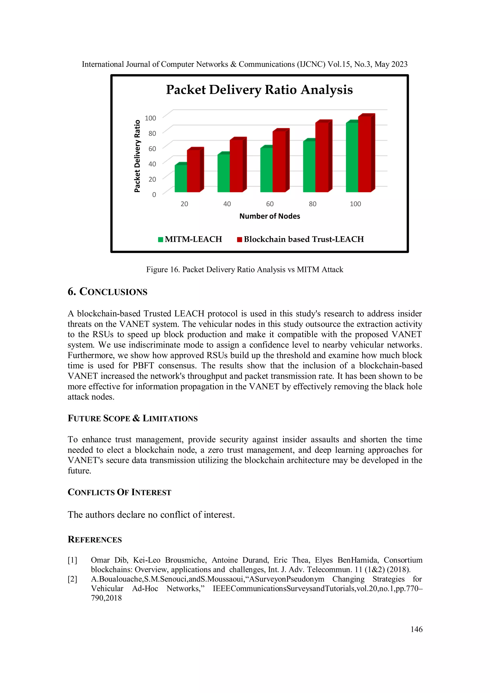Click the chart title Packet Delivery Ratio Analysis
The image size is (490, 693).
pos(259,90)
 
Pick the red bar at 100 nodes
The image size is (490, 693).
pos(364,154)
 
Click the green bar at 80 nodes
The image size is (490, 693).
pos(309,166)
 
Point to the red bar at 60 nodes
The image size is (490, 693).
pos(279,161)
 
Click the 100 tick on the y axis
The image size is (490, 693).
pos(150,118)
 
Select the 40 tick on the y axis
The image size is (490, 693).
pos(152,164)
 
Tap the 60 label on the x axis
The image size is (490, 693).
pos(270,204)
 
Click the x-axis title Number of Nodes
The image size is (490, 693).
pos(269,216)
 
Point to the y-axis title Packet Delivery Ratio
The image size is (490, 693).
pos(137,156)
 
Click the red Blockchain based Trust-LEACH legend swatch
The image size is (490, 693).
pos(239,239)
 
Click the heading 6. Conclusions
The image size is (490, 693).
pos(107,292)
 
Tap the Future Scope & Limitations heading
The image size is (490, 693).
pos(133,418)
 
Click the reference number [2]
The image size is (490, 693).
pos(72,579)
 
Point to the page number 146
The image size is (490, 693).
pos(416,629)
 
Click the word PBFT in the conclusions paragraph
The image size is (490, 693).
pos(143,366)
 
